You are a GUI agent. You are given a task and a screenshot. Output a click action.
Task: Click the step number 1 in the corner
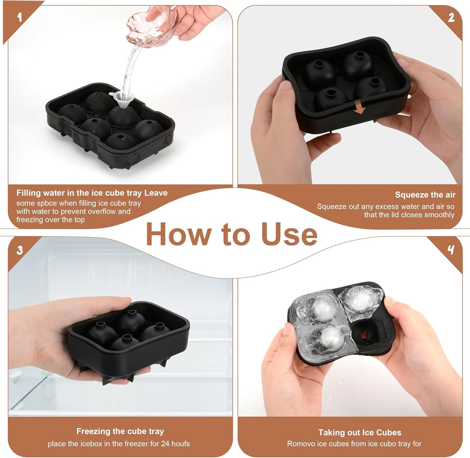click(20, 17)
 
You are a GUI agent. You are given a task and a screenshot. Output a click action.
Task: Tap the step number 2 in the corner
click(451, 18)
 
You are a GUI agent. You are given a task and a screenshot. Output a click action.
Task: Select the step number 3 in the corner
click(20, 250)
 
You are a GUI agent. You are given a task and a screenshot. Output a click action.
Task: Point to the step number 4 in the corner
click(451, 250)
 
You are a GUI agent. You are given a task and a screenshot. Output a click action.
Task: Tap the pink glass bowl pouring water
click(153, 26)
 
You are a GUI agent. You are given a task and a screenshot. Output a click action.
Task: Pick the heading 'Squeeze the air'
click(425, 195)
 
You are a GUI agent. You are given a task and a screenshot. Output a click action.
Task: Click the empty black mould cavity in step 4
click(364, 335)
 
